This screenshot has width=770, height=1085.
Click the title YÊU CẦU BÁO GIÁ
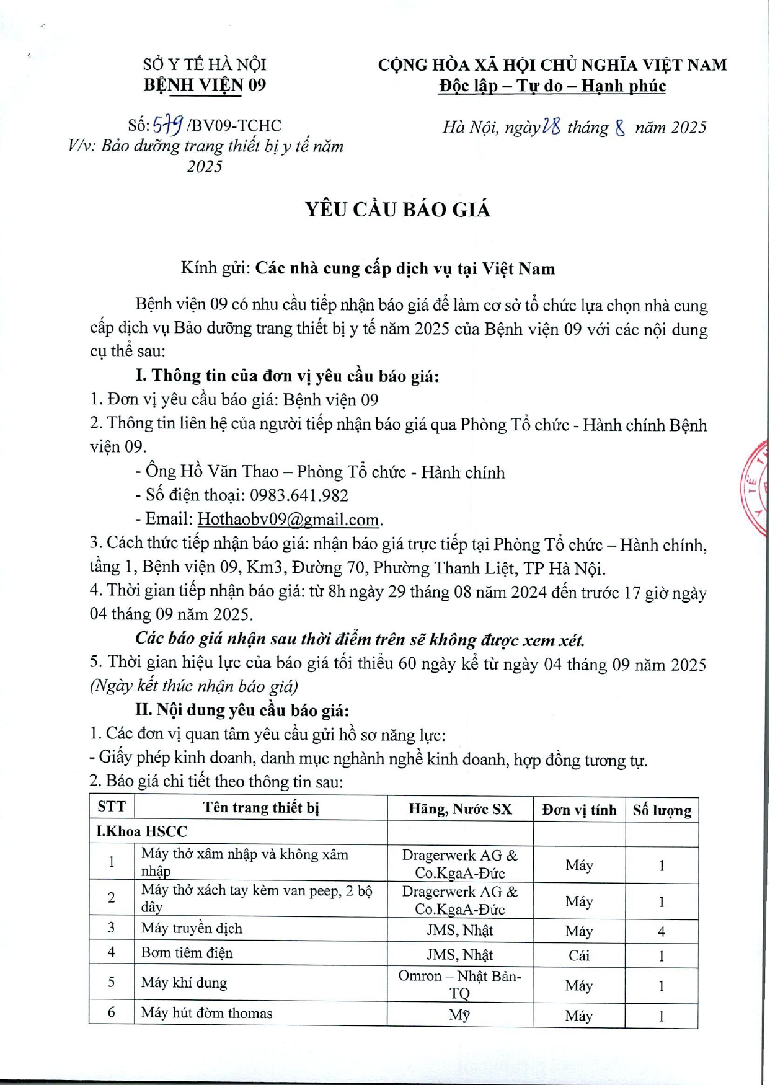click(x=397, y=210)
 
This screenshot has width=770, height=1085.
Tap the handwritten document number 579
click(x=167, y=126)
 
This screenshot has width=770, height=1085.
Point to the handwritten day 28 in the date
click(x=551, y=126)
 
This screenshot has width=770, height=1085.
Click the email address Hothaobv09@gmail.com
click(x=288, y=519)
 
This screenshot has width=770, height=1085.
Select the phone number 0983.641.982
click(x=299, y=495)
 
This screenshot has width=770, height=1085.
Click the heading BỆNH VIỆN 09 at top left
click(x=205, y=85)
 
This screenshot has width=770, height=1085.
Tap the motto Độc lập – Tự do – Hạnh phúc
click(x=552, y=86)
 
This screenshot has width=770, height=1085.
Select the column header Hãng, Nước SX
click(x=460, y=809)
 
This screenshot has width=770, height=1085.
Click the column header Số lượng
click(x=662, y=810)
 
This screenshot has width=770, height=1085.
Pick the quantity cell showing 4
click(x=662, y=931)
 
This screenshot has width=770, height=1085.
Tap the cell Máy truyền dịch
click(x=192, y=928)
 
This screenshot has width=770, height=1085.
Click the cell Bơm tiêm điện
click(x=187, y=953)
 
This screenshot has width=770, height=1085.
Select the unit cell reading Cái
click(x=578, y=955)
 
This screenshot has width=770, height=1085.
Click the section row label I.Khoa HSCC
click(x=141, y=831)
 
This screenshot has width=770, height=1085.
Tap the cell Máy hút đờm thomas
click(x=206, y=1013)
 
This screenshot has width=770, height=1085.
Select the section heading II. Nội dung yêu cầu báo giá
click(x=242, y=710)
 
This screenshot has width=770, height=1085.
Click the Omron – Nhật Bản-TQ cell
click(x=459, y=984)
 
